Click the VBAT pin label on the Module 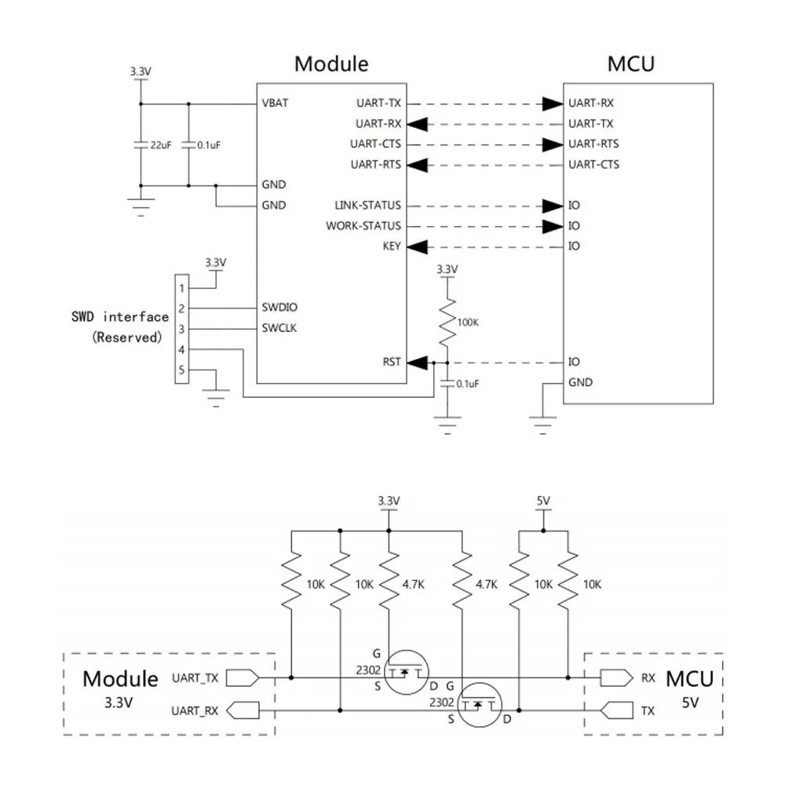click(275, 103)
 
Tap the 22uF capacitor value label click(161, 145)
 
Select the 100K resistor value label click(468, 323)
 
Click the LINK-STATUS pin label click(367, 205)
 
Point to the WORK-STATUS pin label click(363, 226)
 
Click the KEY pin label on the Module click(392, 246)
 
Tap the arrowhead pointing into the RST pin click(418, 363)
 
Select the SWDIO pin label click(279, 308)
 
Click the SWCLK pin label click(279, 328)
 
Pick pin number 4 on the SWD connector click(182, 349)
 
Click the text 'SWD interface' click(120, 317)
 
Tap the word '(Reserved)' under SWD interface click(127, 338)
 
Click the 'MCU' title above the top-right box click(631, 64)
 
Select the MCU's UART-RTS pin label click(593, 144)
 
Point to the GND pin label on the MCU click(580, 382)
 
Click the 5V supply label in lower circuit click(543, 501)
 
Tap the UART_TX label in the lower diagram click(195, 678)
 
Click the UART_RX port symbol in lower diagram click(243, 710)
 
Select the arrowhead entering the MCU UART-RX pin click(553, 104)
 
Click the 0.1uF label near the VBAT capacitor click(208, 145)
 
